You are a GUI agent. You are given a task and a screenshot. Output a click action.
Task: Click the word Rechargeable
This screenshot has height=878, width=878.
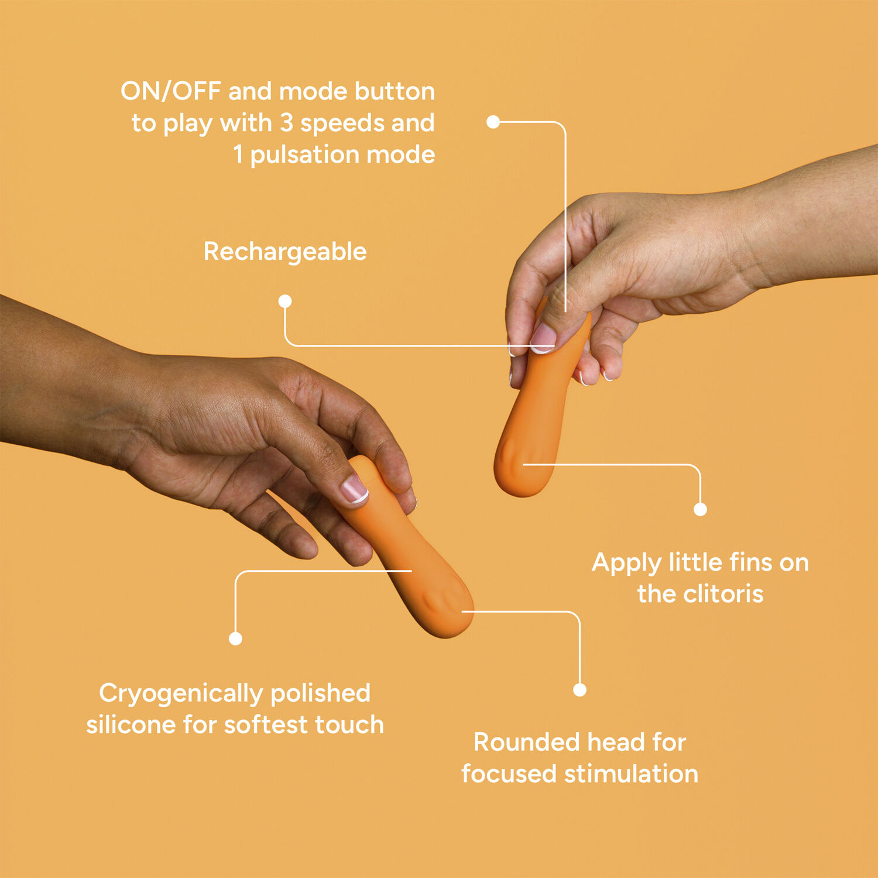[285, 252]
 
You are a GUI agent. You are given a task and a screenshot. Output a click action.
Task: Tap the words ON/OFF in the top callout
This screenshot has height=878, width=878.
[171, 91]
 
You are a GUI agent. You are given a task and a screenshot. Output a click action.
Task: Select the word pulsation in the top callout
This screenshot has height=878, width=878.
[305, 155]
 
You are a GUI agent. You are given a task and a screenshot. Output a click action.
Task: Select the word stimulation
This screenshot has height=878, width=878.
[631, 774]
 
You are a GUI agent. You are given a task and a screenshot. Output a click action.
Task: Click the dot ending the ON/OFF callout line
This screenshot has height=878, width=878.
[493, 122]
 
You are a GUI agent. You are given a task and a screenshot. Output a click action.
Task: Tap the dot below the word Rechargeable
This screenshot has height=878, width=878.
[285, 301]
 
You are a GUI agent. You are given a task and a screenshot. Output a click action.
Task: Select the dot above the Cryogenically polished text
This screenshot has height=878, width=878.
[235, 639]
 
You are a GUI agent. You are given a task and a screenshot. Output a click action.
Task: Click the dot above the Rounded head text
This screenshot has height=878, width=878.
[579, 690]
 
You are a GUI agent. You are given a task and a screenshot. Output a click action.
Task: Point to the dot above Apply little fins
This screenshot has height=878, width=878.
[700, 509]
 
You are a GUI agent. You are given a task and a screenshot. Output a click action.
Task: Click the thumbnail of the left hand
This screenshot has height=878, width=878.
[354, 489]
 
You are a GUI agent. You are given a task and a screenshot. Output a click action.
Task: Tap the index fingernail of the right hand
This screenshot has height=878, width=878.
[543, 338]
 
